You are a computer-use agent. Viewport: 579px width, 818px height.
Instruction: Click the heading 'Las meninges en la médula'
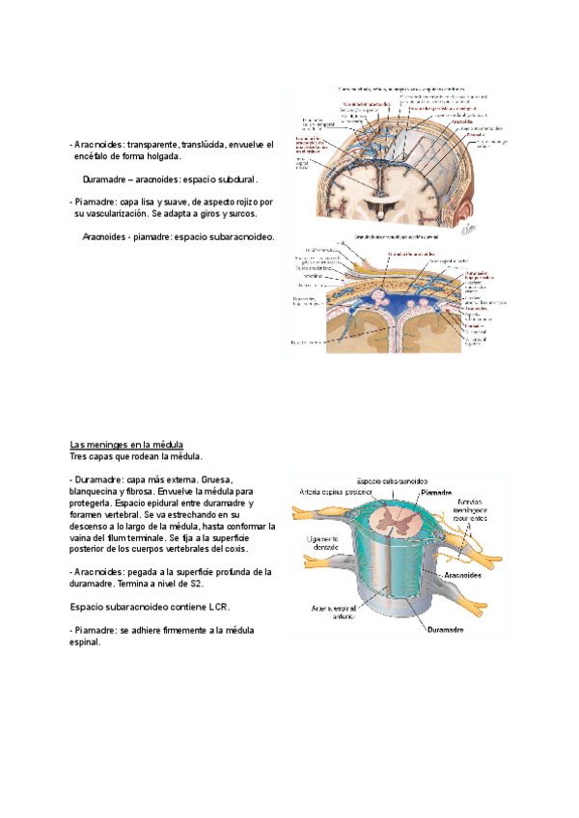[x=126, y=444]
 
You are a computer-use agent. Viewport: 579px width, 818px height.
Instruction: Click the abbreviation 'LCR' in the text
[x=218, y=606]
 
